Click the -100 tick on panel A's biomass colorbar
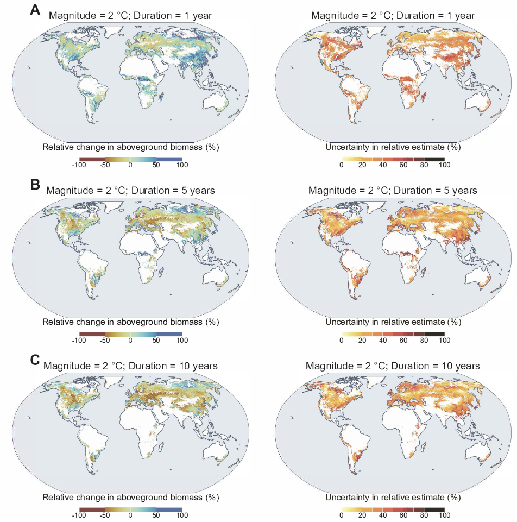pyautogui.click(x=80, y=165)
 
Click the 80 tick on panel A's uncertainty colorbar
pyautogui.click(x=424, y=165)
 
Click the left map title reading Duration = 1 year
pyautogui.click(x=130, y=16)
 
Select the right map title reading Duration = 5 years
pyautogui.click(x=393, y=191)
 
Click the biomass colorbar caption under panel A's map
pyautogui.click(x=130, y=147)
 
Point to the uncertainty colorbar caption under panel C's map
pyautogui.click(x=393, y=498)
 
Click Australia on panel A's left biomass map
pyautogui.click(x=217, y=106)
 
